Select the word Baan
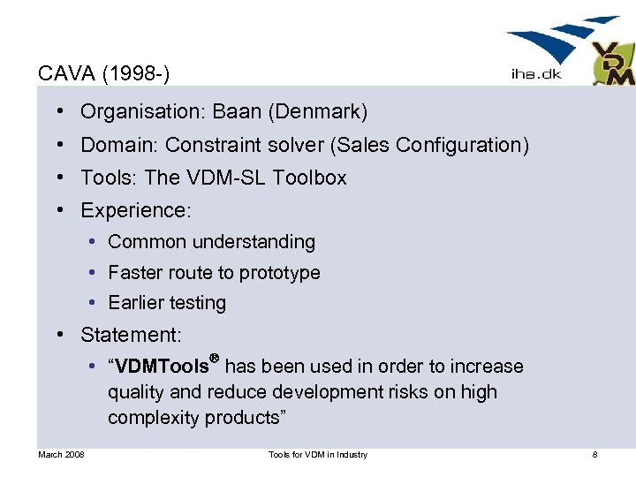tap(237, 112)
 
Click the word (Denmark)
tap(319, 112)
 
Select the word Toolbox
tap(309, 178)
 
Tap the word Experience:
tap(136, 210)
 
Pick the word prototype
tap(280, 273)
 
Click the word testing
tap(197, 303)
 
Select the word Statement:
tap(131, 335)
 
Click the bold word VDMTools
tap(159, 367)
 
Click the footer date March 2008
tap(61, 455)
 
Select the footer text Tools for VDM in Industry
tap(317, 455)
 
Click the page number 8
tap(594, 455)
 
